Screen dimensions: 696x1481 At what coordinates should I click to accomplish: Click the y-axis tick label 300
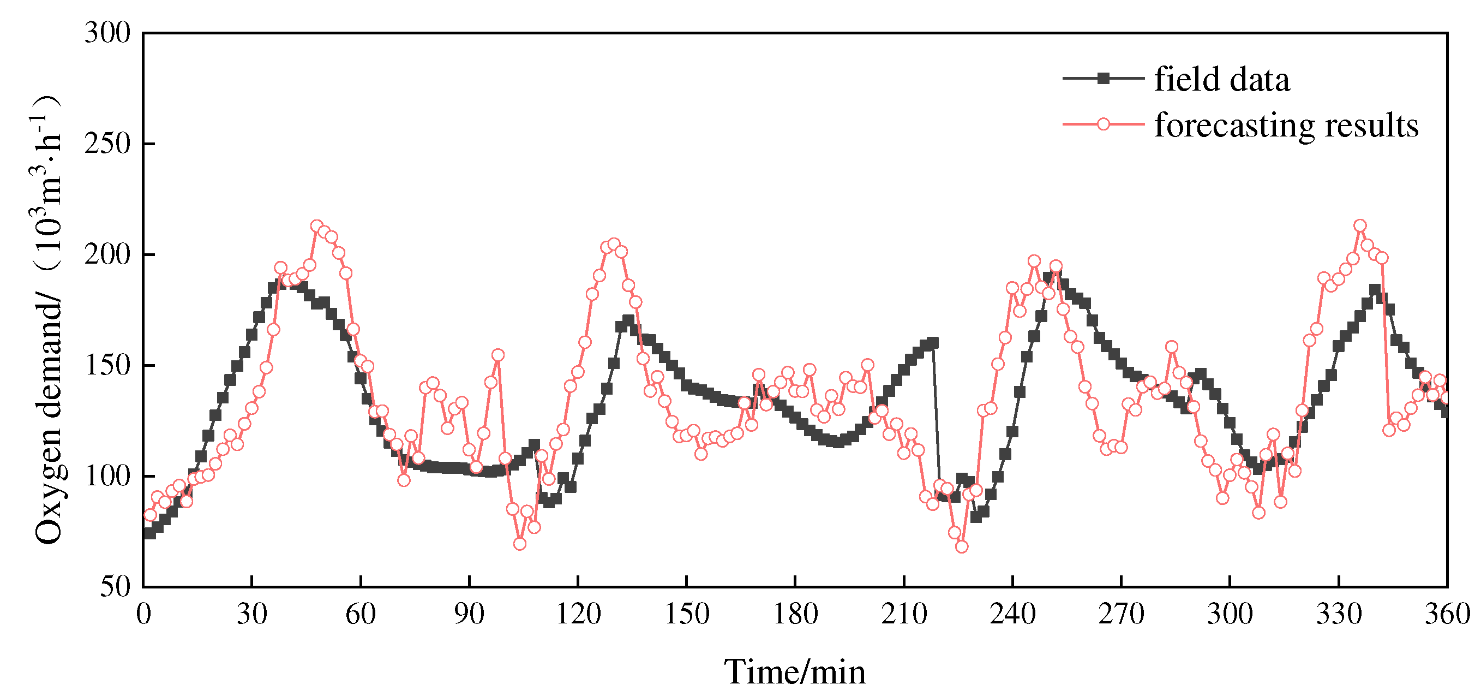coord(107,33)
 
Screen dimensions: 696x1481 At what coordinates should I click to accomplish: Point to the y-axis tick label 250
coord(107,144)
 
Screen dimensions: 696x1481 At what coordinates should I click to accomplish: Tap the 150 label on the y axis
coord(107,365)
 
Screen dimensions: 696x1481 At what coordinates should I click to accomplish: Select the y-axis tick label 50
coord(116,587)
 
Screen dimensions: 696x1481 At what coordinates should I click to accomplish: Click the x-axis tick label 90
coord(469,615)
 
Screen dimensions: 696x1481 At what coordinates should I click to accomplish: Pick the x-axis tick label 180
coord(795,615)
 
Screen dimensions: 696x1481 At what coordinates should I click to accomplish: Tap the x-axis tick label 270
coord(1121,615)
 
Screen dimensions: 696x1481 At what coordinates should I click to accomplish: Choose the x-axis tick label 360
coord(1447,615)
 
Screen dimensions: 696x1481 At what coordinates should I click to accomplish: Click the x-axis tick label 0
coord(143,615)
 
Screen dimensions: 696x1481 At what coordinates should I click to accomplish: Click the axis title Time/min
coord(795,672)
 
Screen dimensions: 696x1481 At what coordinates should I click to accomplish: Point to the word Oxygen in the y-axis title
coord(49,497)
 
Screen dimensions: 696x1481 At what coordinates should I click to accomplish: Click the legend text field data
coord(1222,79)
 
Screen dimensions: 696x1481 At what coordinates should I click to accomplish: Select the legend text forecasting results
coord(1286,126)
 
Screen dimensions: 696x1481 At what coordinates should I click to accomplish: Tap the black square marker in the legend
coord(1102,79)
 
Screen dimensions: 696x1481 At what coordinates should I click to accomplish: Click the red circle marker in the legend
coord(1102,124)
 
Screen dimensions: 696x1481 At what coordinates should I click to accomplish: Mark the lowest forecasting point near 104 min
coord(520,544)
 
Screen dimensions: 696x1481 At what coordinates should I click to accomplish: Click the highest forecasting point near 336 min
coord(1360,225)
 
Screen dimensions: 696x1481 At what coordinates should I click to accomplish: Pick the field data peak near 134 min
coord(628,320)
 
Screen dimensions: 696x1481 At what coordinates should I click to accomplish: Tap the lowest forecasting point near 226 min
coord(962,546)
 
